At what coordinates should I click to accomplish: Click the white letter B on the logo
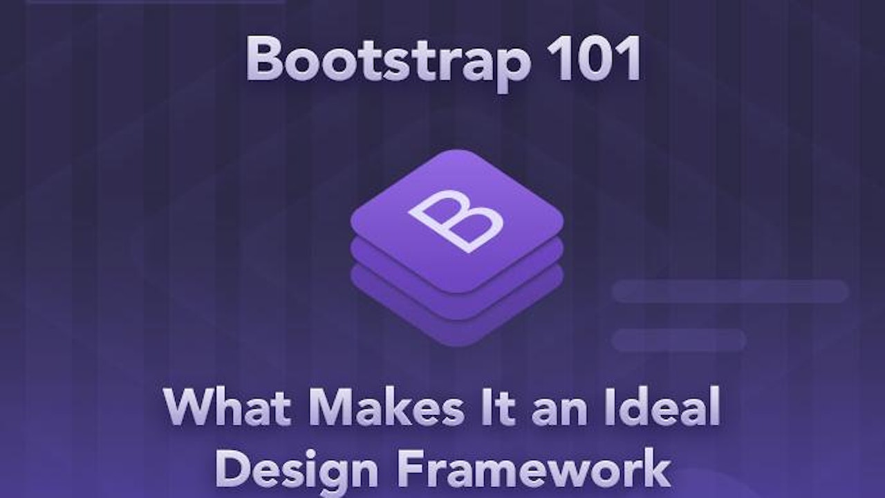click(x=456, y=219)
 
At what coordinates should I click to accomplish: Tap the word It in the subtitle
click(x=494, y=408)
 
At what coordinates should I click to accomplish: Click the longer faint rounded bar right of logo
click(x=730, y=291)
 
